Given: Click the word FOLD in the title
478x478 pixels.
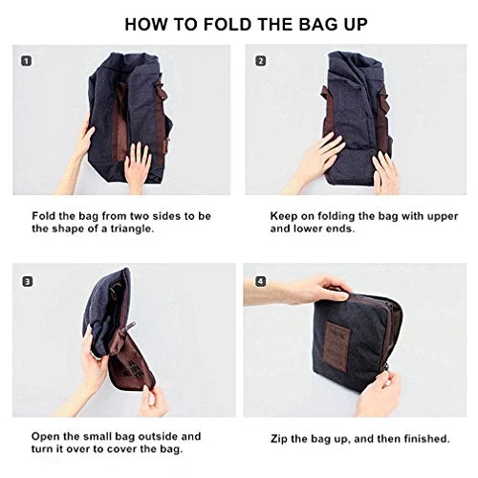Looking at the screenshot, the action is point(228,24).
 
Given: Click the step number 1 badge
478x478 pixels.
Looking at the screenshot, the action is point(27,61).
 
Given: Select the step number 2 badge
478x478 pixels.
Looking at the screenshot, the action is point(261,61).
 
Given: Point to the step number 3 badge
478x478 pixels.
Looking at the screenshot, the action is point(28,282).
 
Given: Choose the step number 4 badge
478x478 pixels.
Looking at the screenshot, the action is point(261,282).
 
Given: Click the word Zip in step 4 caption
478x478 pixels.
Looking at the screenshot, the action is point(278,439).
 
